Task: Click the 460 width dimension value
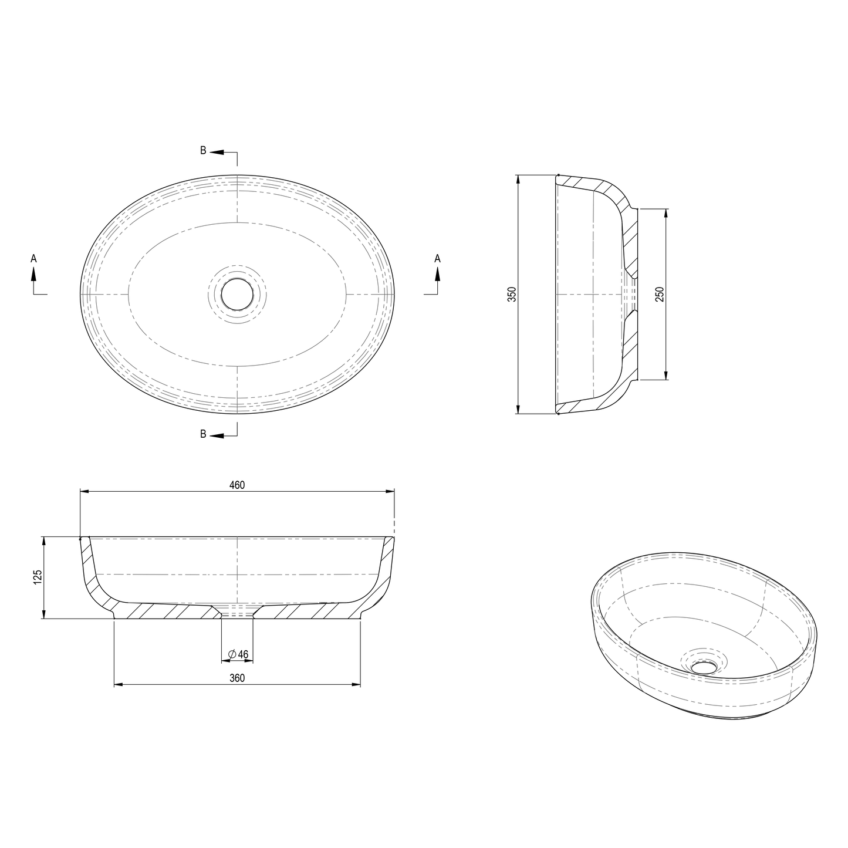click(237, 485)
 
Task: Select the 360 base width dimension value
click(237, 678)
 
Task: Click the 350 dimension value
click(512, 294)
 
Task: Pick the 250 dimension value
click(660, 294)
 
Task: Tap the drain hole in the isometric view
click(704, 666)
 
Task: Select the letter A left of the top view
click(33, 258)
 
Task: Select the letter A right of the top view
click(437, 258)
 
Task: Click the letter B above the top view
click(203, 150)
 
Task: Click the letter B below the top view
click(203, 434)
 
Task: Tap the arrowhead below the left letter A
click(34, 273)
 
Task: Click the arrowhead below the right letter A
click(437, 273)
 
